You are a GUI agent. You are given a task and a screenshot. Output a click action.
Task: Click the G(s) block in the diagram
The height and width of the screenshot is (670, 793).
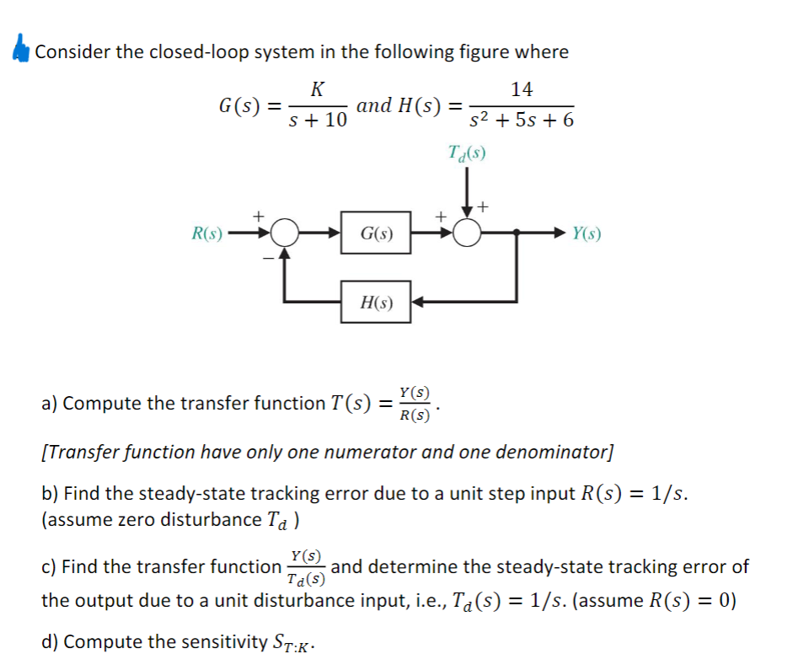click(x=376, y=233)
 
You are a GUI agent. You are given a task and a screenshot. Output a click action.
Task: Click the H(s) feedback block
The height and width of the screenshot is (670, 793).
click(x=376, y=302)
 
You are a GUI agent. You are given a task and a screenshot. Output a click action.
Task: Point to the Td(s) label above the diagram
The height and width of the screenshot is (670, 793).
click(x=469, y=153)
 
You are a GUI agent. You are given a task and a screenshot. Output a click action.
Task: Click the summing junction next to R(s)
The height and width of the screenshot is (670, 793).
click(x=287, y=233)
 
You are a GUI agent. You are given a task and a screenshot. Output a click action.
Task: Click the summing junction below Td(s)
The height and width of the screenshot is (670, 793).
click(x=469, y=233)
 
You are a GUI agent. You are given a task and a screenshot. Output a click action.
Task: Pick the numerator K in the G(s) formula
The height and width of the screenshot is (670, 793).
click(x=317, y=88)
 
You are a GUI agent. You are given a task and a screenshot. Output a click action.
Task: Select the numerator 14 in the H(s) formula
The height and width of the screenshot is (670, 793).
click(x=522, y=88)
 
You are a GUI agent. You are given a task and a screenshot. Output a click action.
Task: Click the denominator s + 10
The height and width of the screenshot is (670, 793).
click(x=318, y=121)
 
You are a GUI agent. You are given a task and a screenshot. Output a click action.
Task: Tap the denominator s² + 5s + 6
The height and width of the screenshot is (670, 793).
click(x=522, y=121)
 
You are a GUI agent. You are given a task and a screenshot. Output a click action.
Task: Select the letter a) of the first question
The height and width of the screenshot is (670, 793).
click(x=50, y=403)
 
